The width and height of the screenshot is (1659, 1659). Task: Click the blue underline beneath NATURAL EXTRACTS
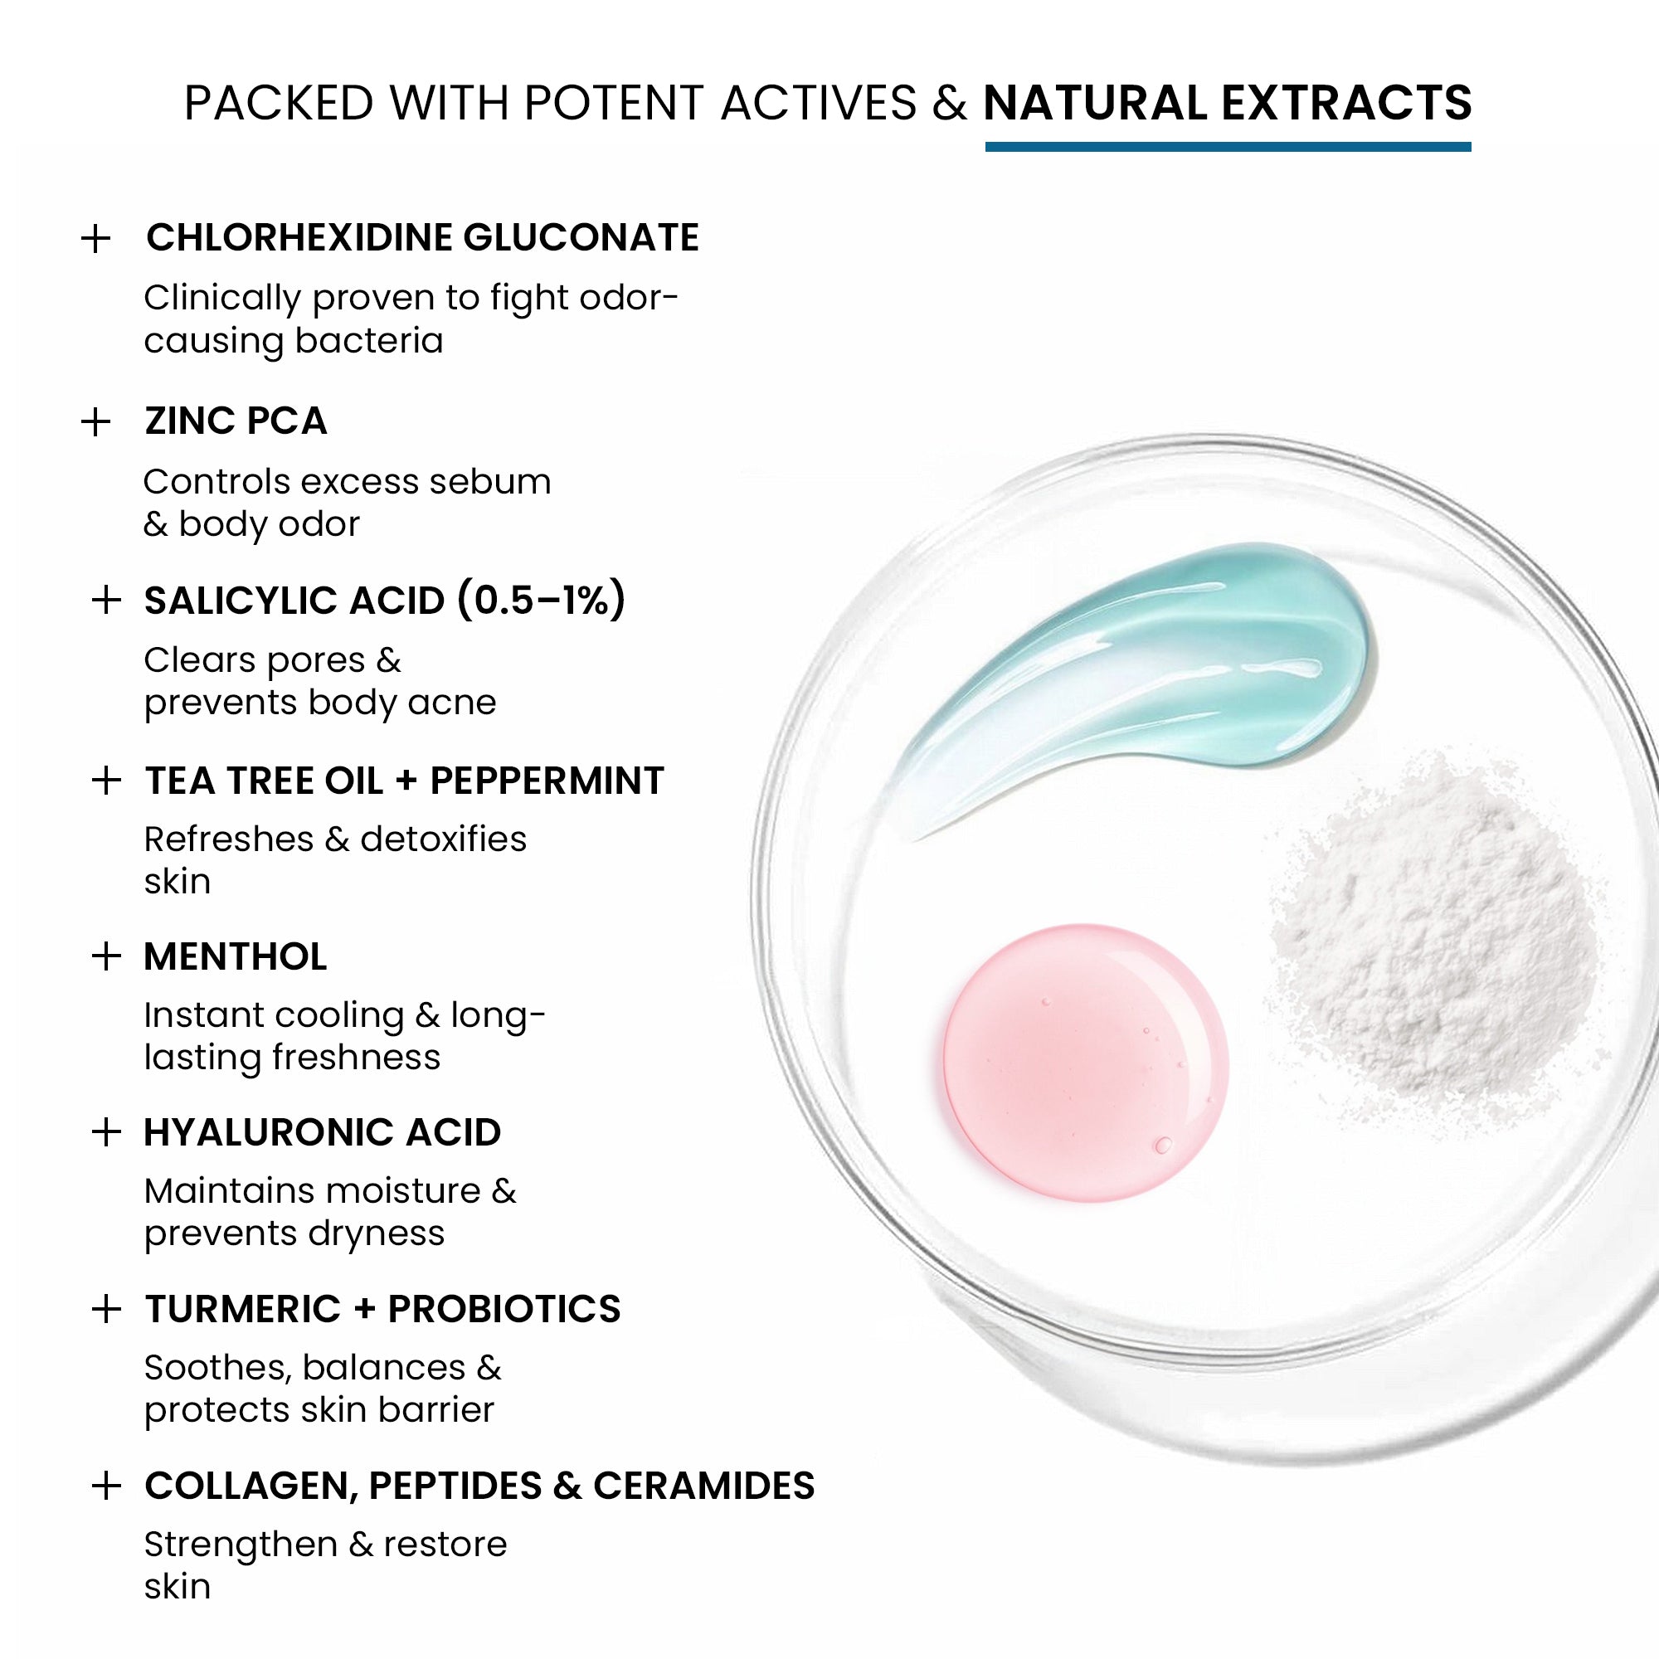pos(1228,147)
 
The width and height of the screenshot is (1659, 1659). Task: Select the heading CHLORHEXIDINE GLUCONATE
pos(422,238)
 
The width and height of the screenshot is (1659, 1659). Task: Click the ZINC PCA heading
pos(236,421)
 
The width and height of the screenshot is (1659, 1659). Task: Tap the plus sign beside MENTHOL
pos(105,956)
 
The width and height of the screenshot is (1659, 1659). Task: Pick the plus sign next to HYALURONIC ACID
pos(105,1131)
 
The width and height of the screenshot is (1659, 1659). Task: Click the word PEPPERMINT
pos(547,781)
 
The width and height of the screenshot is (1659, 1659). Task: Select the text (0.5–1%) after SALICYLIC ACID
pos(541,601)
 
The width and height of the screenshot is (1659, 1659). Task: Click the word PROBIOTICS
pos(504,1309)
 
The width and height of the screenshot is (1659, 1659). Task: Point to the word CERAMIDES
pos(704,1486)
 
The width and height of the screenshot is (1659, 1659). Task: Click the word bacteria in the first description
pos(369,341)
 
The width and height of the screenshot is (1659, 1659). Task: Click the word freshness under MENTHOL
pos(357,1057)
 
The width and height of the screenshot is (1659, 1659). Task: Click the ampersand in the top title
pos(950,103)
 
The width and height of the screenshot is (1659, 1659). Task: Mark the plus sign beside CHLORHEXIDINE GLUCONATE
pos(96,239)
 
